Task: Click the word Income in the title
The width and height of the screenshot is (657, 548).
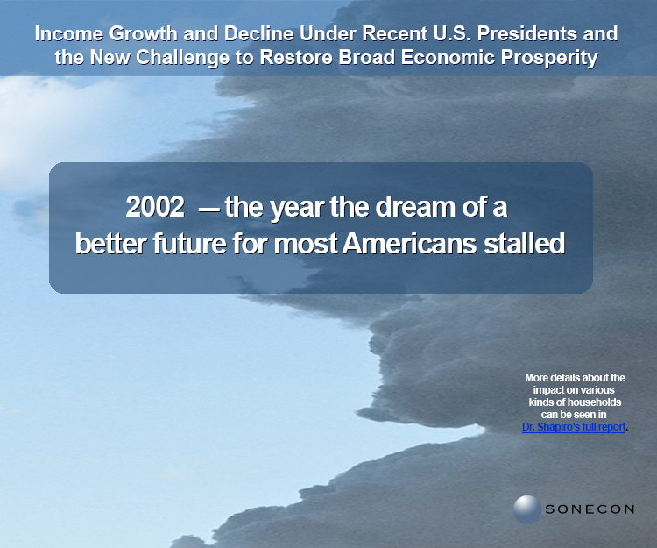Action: coord(69,33)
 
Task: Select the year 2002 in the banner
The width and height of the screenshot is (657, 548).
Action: coord(155,207)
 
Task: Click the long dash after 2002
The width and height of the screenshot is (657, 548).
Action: coord(209,209)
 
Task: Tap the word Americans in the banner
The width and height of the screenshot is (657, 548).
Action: coord(409,243)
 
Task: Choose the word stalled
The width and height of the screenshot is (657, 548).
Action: coord(525,243)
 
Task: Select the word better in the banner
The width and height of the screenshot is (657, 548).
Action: coord(110,243)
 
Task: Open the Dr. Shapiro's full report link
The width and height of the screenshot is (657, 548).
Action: coord(574,427)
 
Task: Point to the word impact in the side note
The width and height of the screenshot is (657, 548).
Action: coord(549,390)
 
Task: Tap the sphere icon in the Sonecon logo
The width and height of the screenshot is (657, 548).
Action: coord(527,509)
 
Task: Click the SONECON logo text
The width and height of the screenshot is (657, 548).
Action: coord(590,509)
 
